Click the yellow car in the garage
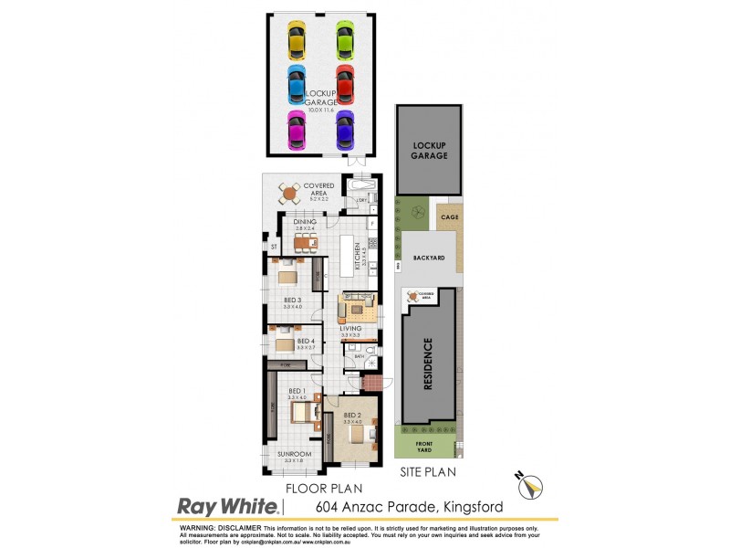pyautogui.click(x=297, y=40)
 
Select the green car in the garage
pyautogui.click(x=344, y=40)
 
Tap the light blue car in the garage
pyautogui.click(x=297, y=85)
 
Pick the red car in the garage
pyautogui.click(x=344, y=84)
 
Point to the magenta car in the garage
pyautogui.click(x=297, y=130)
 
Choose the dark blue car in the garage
pyautogui.click(x=344, y=130)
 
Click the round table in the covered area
pyautogui.click(x=289, y=194)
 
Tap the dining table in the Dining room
pyautogui.click(x=304, y=243)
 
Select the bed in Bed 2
pyautogui.click(x=359, y=435)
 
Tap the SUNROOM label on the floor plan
pyautogui.click(x=295, y=454)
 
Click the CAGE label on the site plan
pyautogui.click(x=448, y=217)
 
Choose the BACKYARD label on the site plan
pyautogui.click(x=429, y=258)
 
